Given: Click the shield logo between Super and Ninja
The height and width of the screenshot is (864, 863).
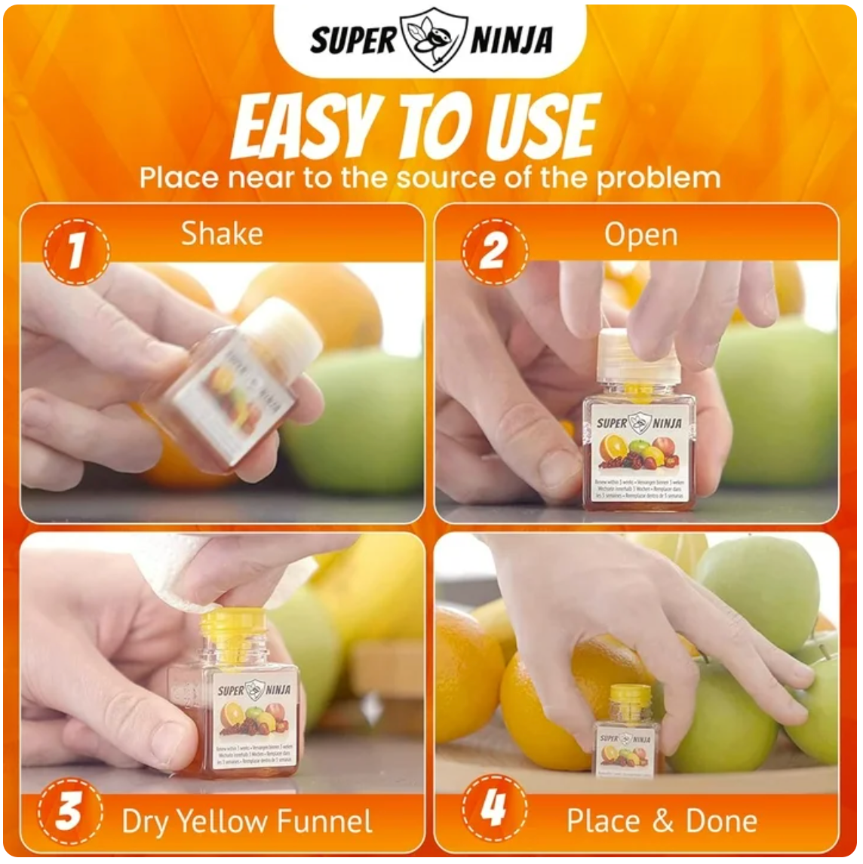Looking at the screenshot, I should [433, 38].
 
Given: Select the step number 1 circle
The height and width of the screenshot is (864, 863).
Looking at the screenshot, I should [75, 252].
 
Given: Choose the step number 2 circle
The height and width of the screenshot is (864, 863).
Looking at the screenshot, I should [493, 252].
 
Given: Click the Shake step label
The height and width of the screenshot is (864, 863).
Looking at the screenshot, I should [222, 234].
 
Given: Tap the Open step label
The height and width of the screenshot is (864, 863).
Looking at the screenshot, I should [640, 235].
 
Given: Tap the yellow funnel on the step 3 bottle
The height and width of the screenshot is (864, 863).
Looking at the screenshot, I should [233, 625].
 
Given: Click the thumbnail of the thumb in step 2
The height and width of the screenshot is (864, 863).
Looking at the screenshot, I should [560, 467].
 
